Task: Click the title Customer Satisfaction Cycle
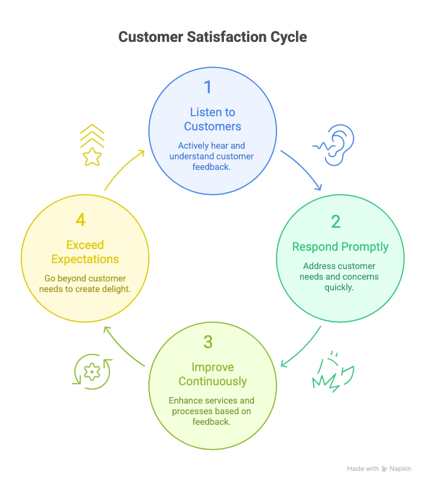coord(213,37)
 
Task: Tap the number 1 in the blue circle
coord(207,87)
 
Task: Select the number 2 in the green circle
coord(336,222)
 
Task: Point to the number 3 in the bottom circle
coord(207,342)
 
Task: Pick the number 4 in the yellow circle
coord(80,220)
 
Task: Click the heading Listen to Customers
coord(213,119)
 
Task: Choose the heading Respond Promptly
coord(340,247)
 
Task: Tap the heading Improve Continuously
coord(213,374)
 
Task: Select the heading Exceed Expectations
coord(85,252)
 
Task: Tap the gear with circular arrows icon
coord(92,372)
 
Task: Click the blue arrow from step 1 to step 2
coord(302,169)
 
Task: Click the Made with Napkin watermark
coord(379,468)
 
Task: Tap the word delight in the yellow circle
coord(114,289)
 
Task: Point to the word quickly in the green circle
coord(340,287)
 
